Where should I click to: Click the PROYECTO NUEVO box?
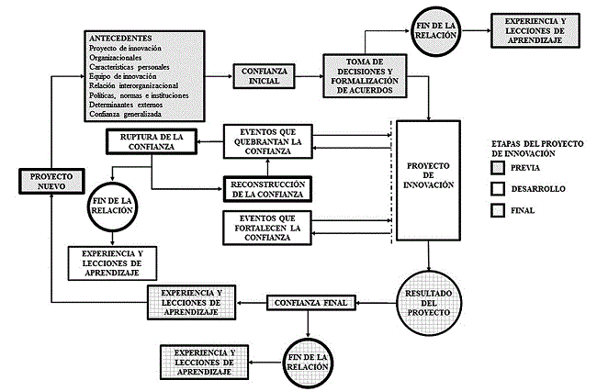(x=52, y=180)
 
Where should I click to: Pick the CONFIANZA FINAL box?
(x=310, y=302)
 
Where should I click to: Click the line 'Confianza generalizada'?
(x=126, y=115)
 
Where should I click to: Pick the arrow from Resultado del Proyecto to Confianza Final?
(x=373, y=302)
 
